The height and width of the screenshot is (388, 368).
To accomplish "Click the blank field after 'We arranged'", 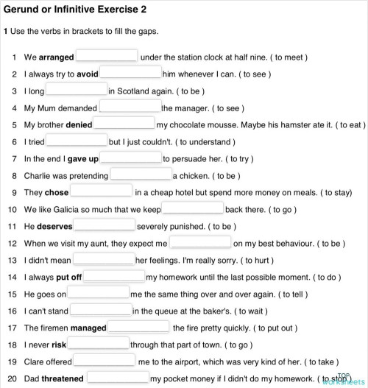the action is tap(107, 56).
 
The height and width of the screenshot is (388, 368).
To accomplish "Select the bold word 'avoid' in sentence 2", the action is tap(88, 74).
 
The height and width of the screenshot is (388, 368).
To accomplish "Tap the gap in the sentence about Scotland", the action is tap(77, 91).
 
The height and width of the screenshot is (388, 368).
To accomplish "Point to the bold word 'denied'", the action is tap(79, 124).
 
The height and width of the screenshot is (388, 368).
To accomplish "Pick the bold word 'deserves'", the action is tap(54, 226).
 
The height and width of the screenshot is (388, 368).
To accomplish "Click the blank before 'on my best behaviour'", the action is tap(200, 242).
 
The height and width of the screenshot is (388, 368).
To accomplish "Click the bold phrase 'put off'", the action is tap(69, 277).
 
